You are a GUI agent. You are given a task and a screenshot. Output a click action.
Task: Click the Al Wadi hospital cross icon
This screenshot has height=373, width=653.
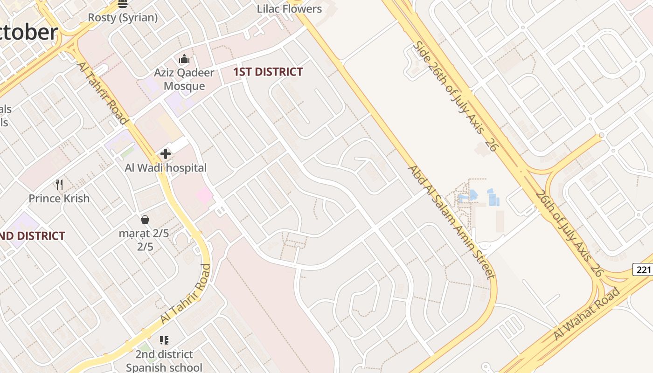point(166,153)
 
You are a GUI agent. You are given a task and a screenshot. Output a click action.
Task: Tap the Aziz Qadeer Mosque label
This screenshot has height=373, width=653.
point(184,79)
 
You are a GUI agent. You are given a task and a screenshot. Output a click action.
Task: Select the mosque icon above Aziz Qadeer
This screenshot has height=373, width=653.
point(184,59)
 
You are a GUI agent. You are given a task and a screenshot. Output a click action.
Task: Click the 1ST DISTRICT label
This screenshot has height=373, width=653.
point(268,72)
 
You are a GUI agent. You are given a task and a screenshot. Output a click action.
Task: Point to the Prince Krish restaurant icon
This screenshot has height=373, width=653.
point(59,185)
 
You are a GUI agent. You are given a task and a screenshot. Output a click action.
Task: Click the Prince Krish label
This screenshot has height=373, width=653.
point(59,198)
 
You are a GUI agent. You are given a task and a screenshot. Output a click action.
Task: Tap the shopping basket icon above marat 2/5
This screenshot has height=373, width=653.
point(145,220)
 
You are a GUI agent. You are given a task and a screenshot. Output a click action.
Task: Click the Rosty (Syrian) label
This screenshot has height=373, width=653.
point(123,18)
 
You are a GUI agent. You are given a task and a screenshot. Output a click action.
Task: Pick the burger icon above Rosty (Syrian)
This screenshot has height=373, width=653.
point(123,4)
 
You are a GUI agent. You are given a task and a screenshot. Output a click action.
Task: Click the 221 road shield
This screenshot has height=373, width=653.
point(643,269)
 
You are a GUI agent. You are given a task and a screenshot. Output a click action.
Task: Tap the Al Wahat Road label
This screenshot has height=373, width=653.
point(587,313)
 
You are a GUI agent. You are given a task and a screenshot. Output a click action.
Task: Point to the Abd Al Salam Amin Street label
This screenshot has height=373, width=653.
point(451,221)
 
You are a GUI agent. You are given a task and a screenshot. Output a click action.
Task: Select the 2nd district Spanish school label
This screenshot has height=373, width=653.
point(164,361)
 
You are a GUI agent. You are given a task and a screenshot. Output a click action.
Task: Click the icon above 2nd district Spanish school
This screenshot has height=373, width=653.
point(164,340)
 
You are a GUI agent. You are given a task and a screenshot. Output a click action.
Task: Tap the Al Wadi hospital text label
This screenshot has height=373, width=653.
point(166,168)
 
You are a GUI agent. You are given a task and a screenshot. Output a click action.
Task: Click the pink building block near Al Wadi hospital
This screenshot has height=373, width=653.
point(204,195)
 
